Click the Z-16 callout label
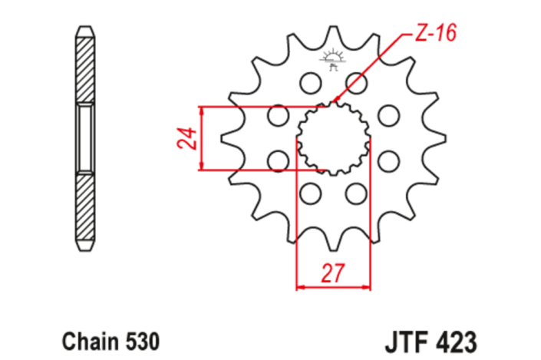pyautogui.click(x=434, y=33)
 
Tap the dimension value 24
pyautogui.click(x=183, y=138)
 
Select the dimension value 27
pyautogui.click(x=332, y=272)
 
